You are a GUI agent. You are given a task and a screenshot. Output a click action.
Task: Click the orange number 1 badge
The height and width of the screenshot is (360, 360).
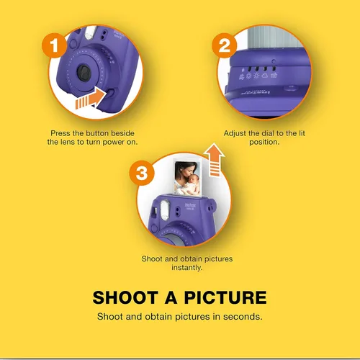pyautogui.click(x=54, y=45)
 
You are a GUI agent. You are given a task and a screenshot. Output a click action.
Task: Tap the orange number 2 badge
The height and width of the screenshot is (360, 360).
pyautogui.click(x=225, y=45)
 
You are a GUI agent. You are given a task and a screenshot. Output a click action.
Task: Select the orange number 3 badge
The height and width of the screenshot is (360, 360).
pyautogui.click(x=142, y=173)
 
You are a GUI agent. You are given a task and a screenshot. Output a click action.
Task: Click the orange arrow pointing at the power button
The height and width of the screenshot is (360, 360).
pyautogui.click(x=91, y=98)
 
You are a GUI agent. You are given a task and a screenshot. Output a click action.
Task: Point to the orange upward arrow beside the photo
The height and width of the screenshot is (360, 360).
pyautogui.click(x=214, y=160)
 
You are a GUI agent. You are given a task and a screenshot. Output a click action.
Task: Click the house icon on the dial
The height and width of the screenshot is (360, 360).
pyautogui.click(x=274, y=75)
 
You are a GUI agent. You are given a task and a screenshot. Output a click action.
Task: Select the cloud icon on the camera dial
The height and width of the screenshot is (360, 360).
pyautogui.click(x=264, y=76)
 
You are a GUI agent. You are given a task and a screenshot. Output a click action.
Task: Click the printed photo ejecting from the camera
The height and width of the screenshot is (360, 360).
pyautogui.click(x=187, y=179)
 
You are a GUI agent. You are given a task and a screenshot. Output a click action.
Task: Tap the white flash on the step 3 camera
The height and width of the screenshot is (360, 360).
pyautogui.click(x=165, y=210)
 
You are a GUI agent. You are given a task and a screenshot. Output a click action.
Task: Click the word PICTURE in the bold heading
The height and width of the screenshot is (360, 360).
pyautogui.click(x=225, y=297)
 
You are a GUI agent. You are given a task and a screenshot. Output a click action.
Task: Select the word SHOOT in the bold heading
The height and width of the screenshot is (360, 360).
pyautogui.click(x=125, y=297)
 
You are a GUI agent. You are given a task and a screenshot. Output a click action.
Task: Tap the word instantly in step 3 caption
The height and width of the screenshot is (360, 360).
pyautogui.click(x=187, y=268)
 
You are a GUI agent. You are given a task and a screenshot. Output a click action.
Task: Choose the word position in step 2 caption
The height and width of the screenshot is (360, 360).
pyautogui.click(x=264, y=142)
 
